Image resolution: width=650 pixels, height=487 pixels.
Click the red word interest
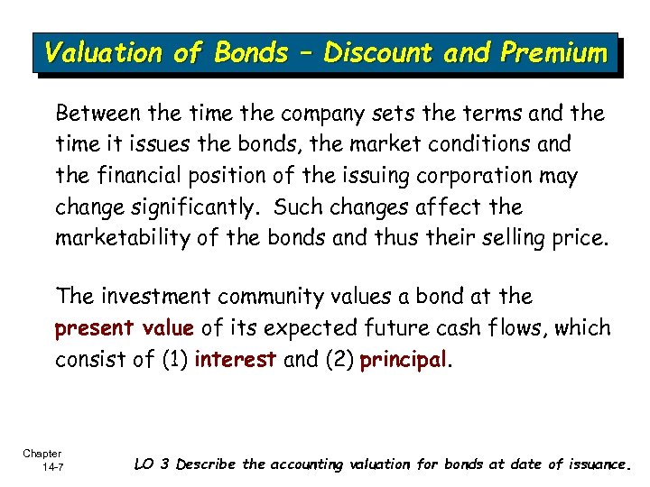tap(236, 360)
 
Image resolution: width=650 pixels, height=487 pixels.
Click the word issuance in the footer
tap(597, 464)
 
